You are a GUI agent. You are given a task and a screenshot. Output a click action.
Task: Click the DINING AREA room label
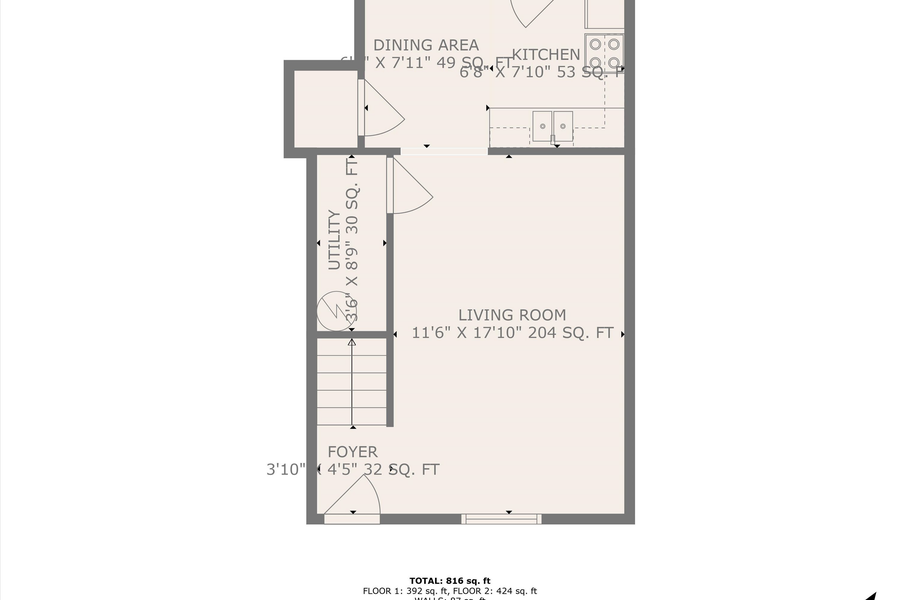[425, 45]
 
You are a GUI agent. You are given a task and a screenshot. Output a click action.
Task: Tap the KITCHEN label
[546, 54]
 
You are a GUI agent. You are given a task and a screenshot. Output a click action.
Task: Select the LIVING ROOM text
[512, 315]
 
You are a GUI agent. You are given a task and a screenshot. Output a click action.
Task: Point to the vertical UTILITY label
[335, 240]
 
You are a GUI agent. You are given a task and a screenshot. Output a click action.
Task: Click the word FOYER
[353, 452]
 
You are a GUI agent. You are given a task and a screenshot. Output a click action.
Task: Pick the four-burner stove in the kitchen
[604, 52]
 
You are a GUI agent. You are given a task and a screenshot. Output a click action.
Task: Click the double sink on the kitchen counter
[552, 124]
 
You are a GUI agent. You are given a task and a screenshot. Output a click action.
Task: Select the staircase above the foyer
[352, 383]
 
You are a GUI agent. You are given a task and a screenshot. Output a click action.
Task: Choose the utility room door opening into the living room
[408, 187]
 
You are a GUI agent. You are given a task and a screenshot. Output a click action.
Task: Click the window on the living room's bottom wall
[501, 518]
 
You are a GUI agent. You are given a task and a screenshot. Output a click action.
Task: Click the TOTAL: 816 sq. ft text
[450, 580]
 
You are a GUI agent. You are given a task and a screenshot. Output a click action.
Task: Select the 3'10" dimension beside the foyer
[285, 469]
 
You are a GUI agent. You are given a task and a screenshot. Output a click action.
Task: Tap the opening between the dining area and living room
[444, 151]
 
